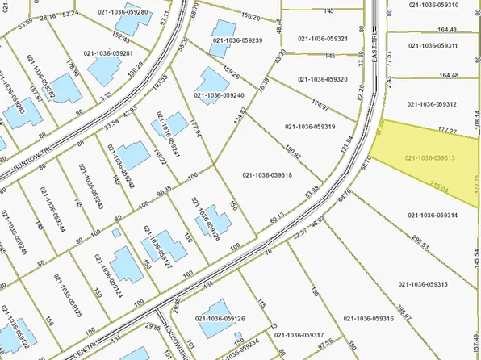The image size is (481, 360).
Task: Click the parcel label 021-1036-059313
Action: pos(430,158)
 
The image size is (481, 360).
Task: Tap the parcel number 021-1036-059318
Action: pos(267,175)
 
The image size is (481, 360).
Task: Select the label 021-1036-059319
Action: pos(311,127)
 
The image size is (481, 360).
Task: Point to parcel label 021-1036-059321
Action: pos(323,39)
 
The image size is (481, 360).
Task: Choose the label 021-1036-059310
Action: pos(433,5)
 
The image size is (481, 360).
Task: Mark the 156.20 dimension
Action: pos(251,17)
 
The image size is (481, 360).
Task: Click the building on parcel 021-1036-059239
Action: pos(218,47)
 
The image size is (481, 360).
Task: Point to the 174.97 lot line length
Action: pos(320,104)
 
